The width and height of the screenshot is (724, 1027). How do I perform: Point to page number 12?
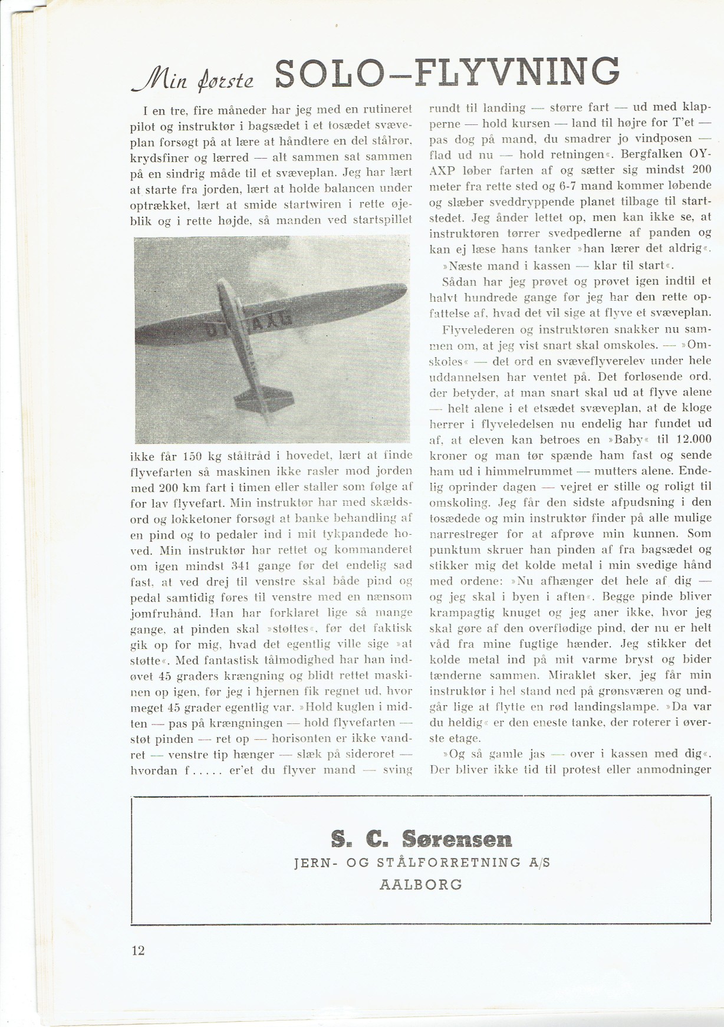pos(138,950)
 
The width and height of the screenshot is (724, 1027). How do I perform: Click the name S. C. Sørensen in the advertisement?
pos(422,838)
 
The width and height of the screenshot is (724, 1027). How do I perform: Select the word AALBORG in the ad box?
pos(422,884)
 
